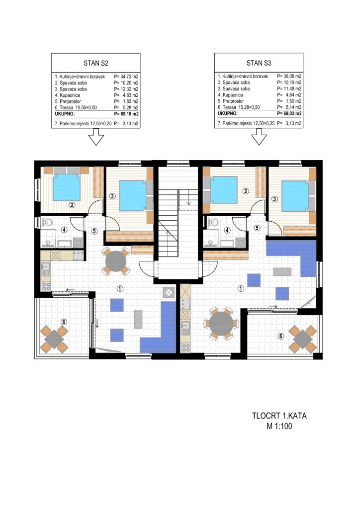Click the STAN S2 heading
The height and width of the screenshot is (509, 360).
click(x=96, y=63)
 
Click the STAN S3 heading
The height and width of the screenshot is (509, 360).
click(x=259, y=63)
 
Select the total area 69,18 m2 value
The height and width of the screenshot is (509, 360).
click(x=126, y=114)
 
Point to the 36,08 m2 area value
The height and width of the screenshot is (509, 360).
click(x=289, y=76)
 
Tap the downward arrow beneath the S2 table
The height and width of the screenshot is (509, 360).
click(x=96, y=137)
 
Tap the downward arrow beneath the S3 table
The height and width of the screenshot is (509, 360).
click(x=259, y=136)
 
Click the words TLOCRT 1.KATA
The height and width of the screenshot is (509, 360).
click(x=279, y=416)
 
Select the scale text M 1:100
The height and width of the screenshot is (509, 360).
click(x=279, y=426)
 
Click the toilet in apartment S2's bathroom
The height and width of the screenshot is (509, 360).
click(x=47, y=222)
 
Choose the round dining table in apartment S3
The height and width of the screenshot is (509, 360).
click(x=221, y=324)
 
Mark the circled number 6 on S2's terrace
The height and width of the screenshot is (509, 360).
click(x=64, y=322)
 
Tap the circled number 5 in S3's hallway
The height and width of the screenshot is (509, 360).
click(x=257, y=228)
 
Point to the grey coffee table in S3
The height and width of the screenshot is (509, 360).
click(x=282, y=271)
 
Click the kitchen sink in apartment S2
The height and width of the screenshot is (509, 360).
click(x=46, y=269)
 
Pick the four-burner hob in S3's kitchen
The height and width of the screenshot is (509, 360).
click(x=185, y=347)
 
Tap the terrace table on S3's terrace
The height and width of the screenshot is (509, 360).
click(x=302, y=339)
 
